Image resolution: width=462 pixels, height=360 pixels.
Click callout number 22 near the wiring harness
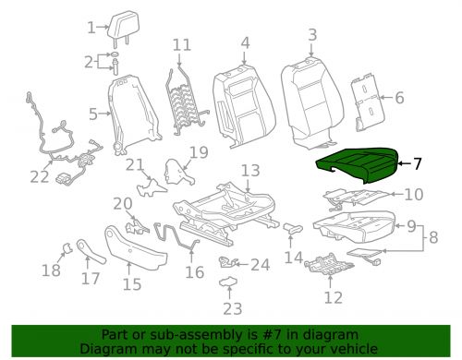point(38,177)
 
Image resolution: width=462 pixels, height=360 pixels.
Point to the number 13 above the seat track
point(250,170)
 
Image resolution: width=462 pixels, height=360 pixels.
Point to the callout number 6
point(399,98)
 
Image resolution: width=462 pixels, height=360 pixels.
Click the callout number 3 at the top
point(312,35)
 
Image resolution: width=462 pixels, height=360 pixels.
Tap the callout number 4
point(244,42)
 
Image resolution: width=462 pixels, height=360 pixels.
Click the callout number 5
point(92,114)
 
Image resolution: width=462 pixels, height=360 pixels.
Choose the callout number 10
point(412,194)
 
